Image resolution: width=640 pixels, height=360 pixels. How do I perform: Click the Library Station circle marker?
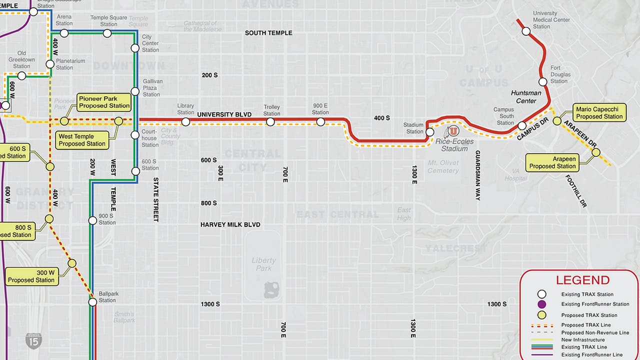(185, 121)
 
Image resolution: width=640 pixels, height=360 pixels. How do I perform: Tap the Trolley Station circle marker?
(270, 121)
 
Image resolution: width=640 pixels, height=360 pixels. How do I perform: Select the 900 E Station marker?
(320, 121)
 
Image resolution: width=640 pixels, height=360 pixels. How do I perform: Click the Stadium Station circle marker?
(429, 132)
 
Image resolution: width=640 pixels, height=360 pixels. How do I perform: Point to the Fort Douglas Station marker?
(543, 81)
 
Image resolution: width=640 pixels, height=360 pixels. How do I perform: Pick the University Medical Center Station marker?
(526, 31)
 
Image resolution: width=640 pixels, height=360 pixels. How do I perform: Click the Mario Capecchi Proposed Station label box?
(599, 113)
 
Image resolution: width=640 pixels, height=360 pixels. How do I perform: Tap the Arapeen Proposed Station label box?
(552, 162)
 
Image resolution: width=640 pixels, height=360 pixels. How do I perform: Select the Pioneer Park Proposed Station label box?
(104, 102)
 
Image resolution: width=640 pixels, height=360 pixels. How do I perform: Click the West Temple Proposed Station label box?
(82, 140)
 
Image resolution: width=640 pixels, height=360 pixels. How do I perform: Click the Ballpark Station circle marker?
(92, 302)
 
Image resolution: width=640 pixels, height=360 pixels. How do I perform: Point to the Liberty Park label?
(263, 264)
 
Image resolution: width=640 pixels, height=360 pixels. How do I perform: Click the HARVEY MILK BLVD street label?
(230, 225)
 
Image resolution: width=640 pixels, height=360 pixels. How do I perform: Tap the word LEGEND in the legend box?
(582, 280)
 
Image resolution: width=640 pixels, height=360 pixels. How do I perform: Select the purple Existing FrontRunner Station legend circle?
(541, 304)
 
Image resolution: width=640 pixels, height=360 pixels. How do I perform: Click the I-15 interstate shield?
(33, 341)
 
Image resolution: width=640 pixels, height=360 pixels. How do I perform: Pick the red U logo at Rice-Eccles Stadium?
(453, 131)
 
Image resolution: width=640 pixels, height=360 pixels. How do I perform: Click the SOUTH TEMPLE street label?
(268, 33)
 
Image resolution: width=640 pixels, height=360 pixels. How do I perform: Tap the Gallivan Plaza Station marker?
(135, 91)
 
